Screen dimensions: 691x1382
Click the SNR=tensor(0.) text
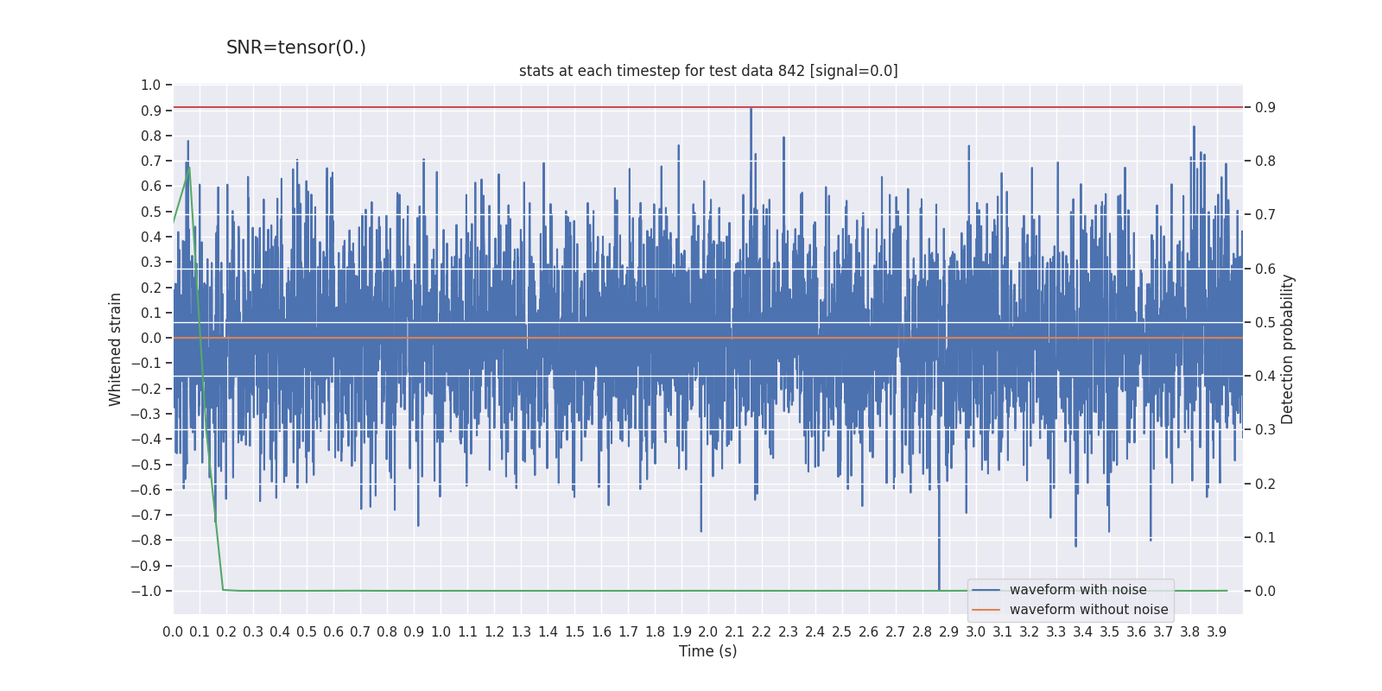295,48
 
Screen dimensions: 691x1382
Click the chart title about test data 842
708,71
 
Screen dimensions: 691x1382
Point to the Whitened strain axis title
116,349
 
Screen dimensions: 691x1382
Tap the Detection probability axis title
1288,349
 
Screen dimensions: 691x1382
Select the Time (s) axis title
707,651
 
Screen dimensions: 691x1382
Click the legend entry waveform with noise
1078,590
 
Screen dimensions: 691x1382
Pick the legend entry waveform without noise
1088,610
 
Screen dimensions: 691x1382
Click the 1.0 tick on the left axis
151,85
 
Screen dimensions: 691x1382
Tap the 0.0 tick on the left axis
151,338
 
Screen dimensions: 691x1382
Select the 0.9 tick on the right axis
1265,107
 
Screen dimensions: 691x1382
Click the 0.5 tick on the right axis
1265,322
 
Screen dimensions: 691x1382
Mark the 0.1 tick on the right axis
1265,537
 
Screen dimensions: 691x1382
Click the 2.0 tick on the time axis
708,632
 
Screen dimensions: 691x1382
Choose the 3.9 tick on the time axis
1216,632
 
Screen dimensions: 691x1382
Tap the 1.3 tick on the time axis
521,632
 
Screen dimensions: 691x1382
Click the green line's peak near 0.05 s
189,167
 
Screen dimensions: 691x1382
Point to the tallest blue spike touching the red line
751,110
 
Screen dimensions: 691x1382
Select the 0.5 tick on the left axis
151,212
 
